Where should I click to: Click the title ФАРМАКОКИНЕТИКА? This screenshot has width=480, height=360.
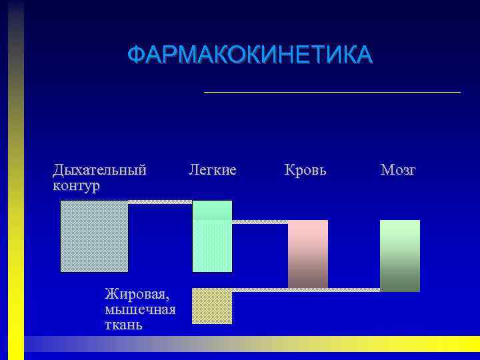[x=250, y=55]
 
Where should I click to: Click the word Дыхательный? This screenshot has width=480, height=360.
[x=99, y=170]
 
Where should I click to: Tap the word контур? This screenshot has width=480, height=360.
[x=76, y=185]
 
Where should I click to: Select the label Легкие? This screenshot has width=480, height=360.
[x=212, y=170]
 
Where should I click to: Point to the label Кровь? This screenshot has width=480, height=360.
[x=305, y=170]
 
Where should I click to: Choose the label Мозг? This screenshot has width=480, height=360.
[x=398, y=170]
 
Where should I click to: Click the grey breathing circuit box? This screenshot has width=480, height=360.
[x=94, y=236]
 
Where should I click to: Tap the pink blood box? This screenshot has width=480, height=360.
[x=307, y=253]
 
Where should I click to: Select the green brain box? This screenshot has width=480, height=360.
[x=399, y=255]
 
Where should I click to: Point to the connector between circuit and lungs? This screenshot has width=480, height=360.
[x=160, y=201]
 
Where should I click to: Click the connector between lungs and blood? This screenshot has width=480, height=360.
[x=260, y=221]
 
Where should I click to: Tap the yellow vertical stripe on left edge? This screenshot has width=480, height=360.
[x=16, y=200]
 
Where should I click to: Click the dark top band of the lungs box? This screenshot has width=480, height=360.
[x=212, y=210]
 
